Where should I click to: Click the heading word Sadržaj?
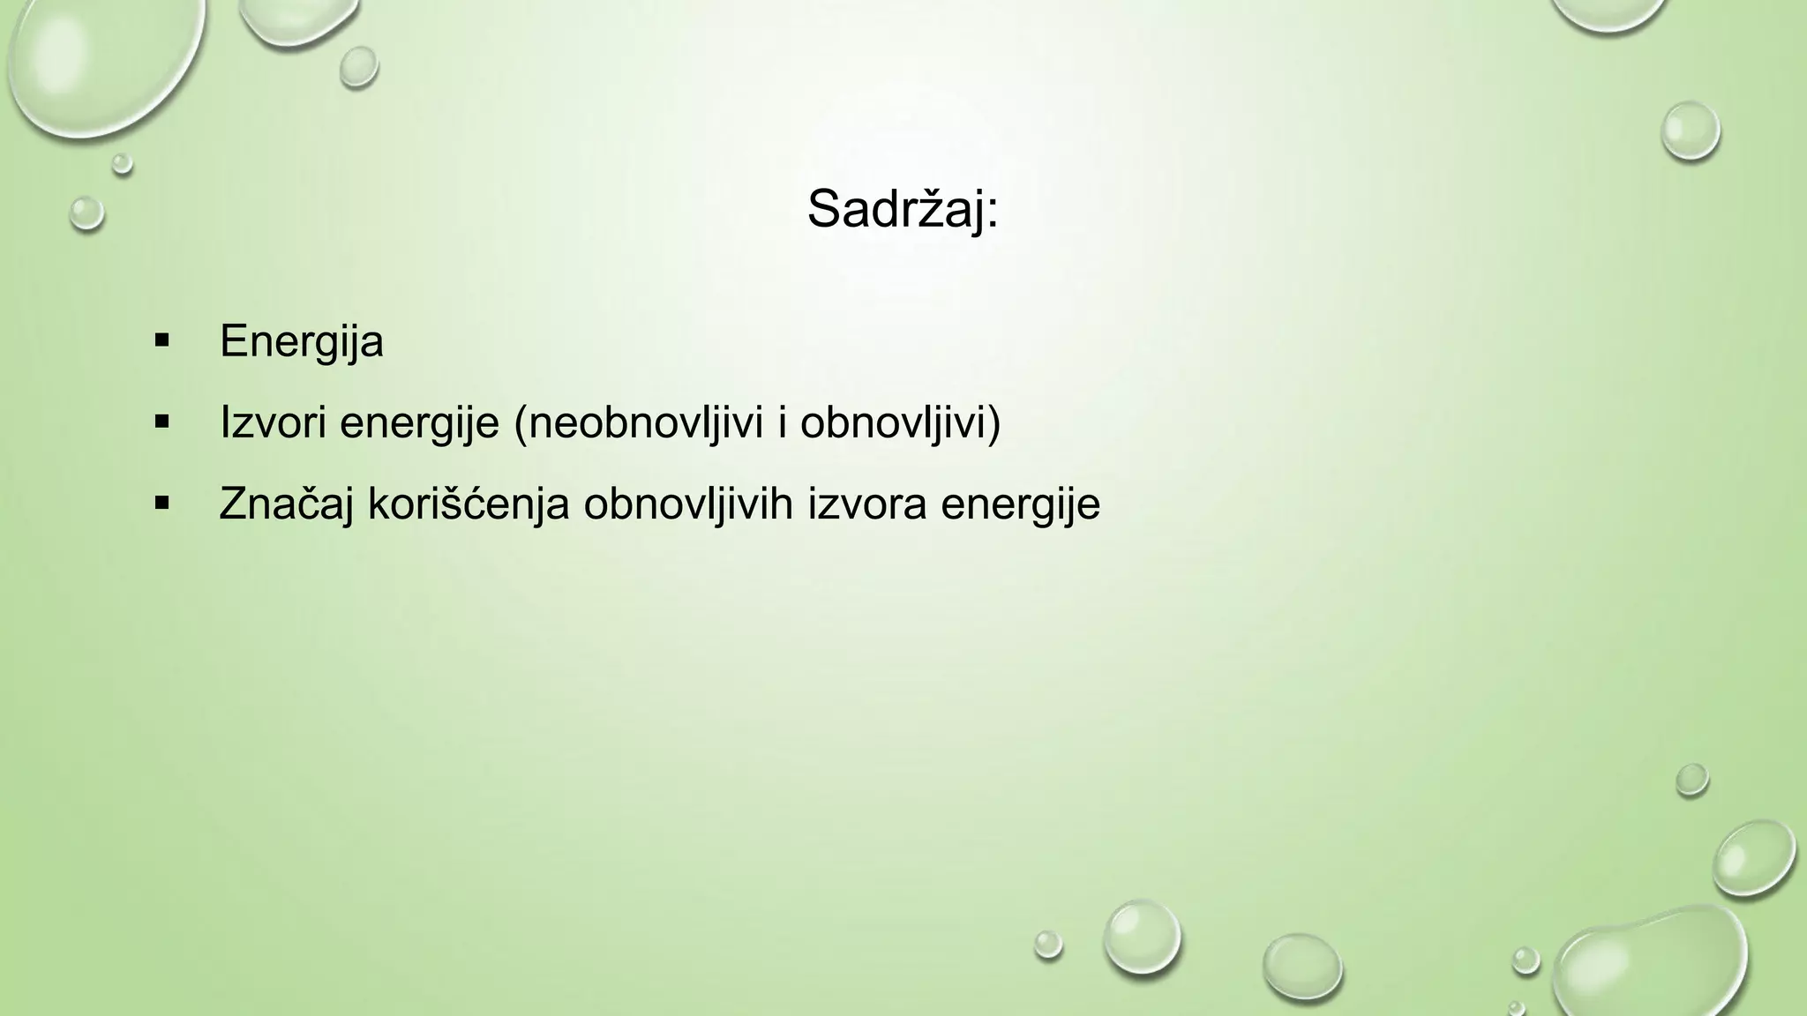click(x=896, y=210)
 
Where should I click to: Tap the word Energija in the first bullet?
click(x=302, y=342)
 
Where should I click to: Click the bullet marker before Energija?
click(x=161, y=340)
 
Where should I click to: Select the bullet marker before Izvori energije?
click(x=161, y=422)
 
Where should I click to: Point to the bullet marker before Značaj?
click(x=161, y=504)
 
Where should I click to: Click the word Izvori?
click(x=273, y=423)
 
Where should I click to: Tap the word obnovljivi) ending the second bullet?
click(x=901, y=423)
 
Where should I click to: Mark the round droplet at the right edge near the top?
click(x=1691, y=131)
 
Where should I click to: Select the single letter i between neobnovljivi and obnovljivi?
click(x=782, y=423)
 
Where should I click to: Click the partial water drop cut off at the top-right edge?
click(x=1610, y=12)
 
